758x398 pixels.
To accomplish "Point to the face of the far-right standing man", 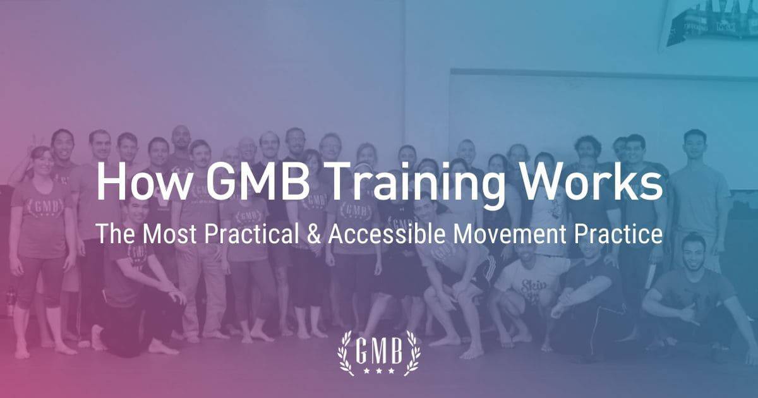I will pos(694,144).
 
